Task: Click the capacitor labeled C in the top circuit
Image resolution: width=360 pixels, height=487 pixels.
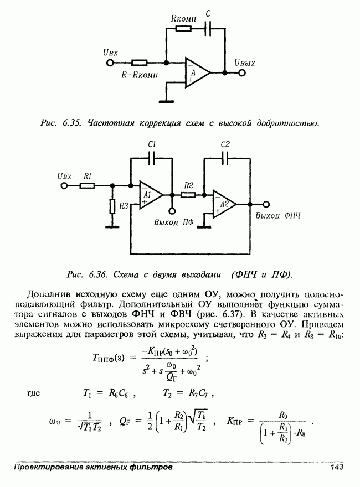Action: [209, 29]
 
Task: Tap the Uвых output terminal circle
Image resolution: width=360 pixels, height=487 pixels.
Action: [241, 72]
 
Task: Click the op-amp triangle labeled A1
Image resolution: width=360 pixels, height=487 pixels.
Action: [149, 195]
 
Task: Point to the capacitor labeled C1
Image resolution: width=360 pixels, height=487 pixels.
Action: [153, 158]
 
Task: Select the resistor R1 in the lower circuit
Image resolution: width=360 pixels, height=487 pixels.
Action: [87, 186]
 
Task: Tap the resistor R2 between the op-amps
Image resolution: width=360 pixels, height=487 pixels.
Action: [188, 195]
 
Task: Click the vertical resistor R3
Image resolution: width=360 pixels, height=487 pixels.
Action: [112, 207]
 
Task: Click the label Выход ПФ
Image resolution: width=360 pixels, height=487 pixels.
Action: [173, 222]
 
